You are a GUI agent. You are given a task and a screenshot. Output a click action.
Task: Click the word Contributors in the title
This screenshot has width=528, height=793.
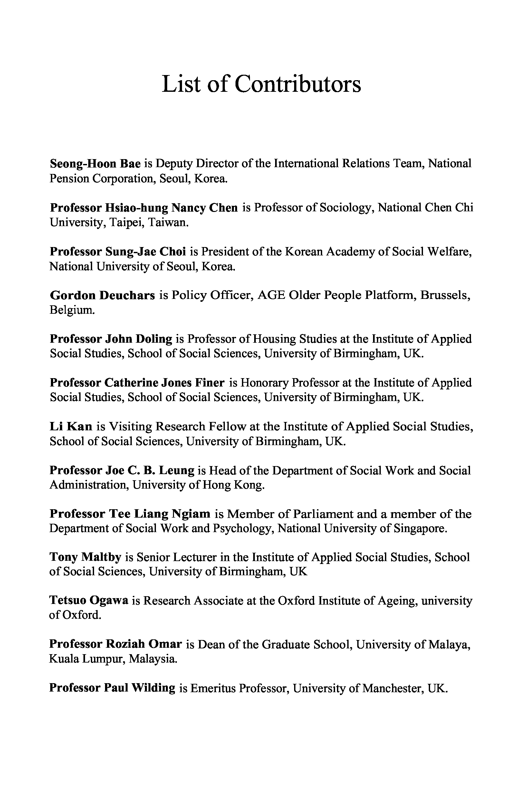pos(298,84)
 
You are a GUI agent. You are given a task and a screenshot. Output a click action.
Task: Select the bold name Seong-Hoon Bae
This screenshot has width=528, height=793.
pos(95,164)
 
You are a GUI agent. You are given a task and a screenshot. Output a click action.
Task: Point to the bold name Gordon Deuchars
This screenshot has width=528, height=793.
pos(102,295)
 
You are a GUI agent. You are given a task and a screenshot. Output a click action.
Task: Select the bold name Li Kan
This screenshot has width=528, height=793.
pos(71,426)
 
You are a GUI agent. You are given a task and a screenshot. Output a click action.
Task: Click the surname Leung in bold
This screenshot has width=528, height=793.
pos(177,470)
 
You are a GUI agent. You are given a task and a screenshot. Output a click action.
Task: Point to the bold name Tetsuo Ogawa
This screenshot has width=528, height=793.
pos(89,601)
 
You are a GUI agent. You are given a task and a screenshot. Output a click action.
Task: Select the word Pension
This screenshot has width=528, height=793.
pos(69,178)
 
